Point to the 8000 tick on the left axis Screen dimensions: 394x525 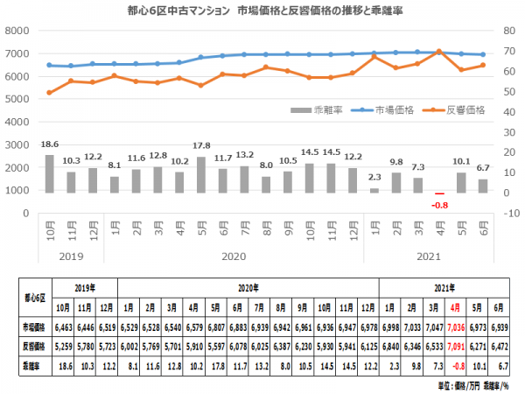[17, 30]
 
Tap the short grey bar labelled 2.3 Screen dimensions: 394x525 [374, 190]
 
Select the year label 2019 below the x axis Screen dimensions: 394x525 [71, 257]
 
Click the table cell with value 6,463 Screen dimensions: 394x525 [64, 326]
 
